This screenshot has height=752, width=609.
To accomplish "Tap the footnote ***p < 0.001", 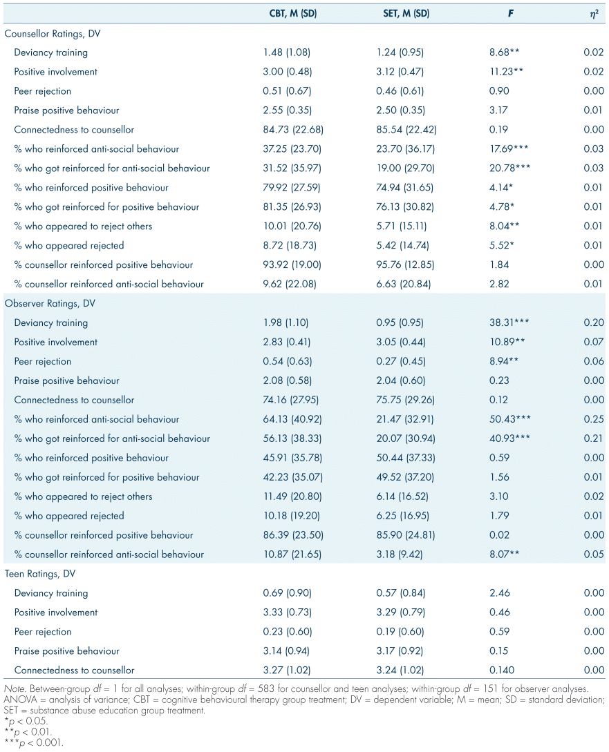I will pos(32,744).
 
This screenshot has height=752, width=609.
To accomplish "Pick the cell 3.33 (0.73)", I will pos(288,613).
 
